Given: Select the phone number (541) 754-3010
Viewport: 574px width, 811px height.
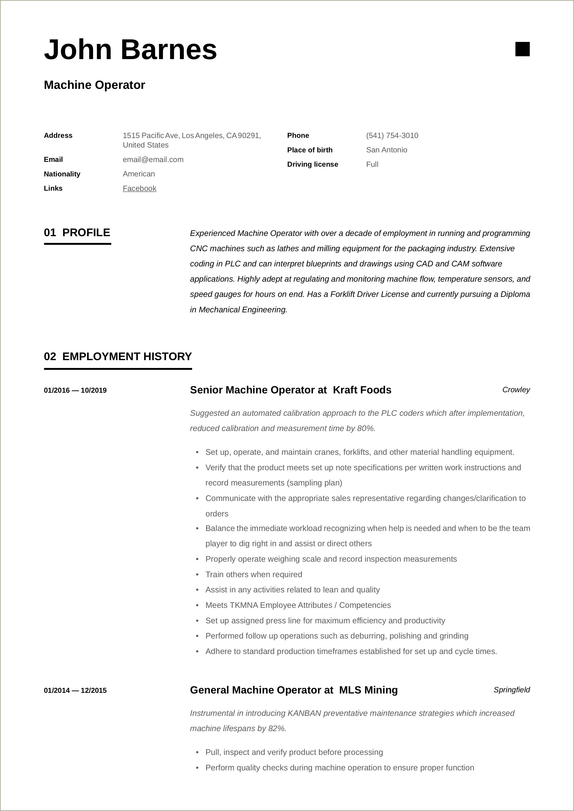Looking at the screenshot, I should pyautogui.click(x=392, y=135).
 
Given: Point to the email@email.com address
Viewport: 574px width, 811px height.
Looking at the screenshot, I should pyautogui.click(x=153, y=159).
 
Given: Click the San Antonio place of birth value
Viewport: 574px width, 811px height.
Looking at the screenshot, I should pyautogui.click(x=386, y=150).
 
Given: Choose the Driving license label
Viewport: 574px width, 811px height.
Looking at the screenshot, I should pyautogui.click(x=312, y=164).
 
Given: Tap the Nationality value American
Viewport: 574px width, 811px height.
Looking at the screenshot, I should pyautogui.click(x=139, y=174).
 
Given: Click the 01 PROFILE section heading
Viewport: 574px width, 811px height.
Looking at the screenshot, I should pyautogui.click(x=77, y=232).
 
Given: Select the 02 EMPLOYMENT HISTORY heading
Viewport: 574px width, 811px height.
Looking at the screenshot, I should pyautogui.click(x=118, y=356).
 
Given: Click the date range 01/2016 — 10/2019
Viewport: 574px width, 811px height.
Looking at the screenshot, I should pyautogui.click(x=75, y=390).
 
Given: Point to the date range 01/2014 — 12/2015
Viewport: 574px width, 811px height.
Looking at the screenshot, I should pyautogui.click(x=75, y=690).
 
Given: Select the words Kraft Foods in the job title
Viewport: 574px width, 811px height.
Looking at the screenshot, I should pyautogui.click(x=362, y=390).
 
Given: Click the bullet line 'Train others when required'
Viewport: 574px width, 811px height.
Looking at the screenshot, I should pyautogui.click(x=254, y=574).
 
